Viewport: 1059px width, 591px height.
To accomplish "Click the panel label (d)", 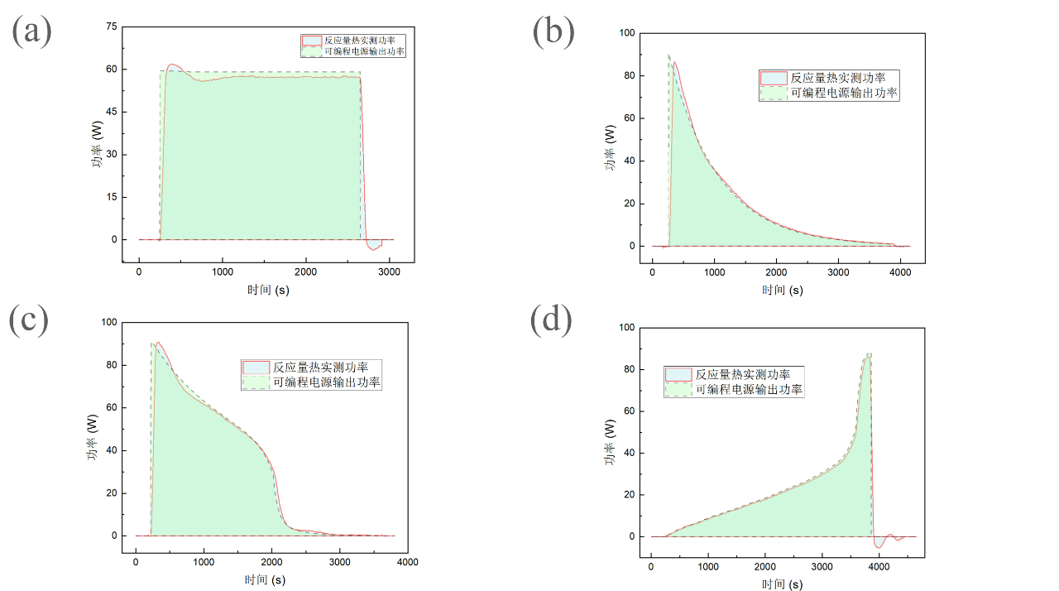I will pyautogui.click(x=551, y=320).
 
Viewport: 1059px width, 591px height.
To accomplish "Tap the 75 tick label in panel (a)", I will pyautogui.click(x=110, y=26).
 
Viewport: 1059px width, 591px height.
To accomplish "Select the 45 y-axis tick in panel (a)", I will pyautogui.click(x=110, y=112).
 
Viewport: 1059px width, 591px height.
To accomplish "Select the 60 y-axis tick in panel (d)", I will pyautogui.click(x=628, y=411).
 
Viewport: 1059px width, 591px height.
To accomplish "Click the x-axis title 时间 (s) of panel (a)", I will pyautogui.click(x=267, y=290).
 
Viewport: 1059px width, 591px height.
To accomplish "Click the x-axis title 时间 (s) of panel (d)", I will pyautogui.click(x=782, y=584).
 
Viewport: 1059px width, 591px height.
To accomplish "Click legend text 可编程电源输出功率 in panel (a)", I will pyautogui.click(x=364, y=51).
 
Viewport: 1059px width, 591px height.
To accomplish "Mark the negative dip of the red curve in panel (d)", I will pyautogui.click(x=879, y=546).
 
